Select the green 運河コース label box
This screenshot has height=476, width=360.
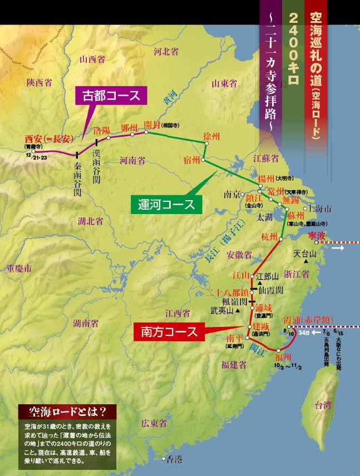[166, 204]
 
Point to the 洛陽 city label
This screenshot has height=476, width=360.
[102, 130]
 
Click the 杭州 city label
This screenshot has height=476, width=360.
[269, 237]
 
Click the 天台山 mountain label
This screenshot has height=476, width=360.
[305, 254]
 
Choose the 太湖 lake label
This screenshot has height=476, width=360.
[264, 219]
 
